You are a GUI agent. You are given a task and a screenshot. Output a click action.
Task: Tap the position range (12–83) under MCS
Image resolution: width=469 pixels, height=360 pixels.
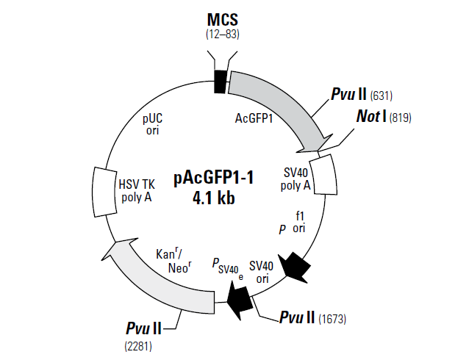[222, 34]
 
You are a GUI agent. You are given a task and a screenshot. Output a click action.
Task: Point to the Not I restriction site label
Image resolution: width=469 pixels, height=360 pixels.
[371, 117]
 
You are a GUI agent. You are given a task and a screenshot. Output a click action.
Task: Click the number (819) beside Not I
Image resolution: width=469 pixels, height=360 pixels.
[401, 118]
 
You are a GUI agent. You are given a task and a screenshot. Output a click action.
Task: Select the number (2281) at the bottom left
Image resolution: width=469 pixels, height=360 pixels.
[140, 342]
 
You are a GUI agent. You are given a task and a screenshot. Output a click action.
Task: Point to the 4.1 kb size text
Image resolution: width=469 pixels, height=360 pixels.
[213, 198]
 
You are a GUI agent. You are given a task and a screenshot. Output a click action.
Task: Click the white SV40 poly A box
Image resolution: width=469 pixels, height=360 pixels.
[324, 174]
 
